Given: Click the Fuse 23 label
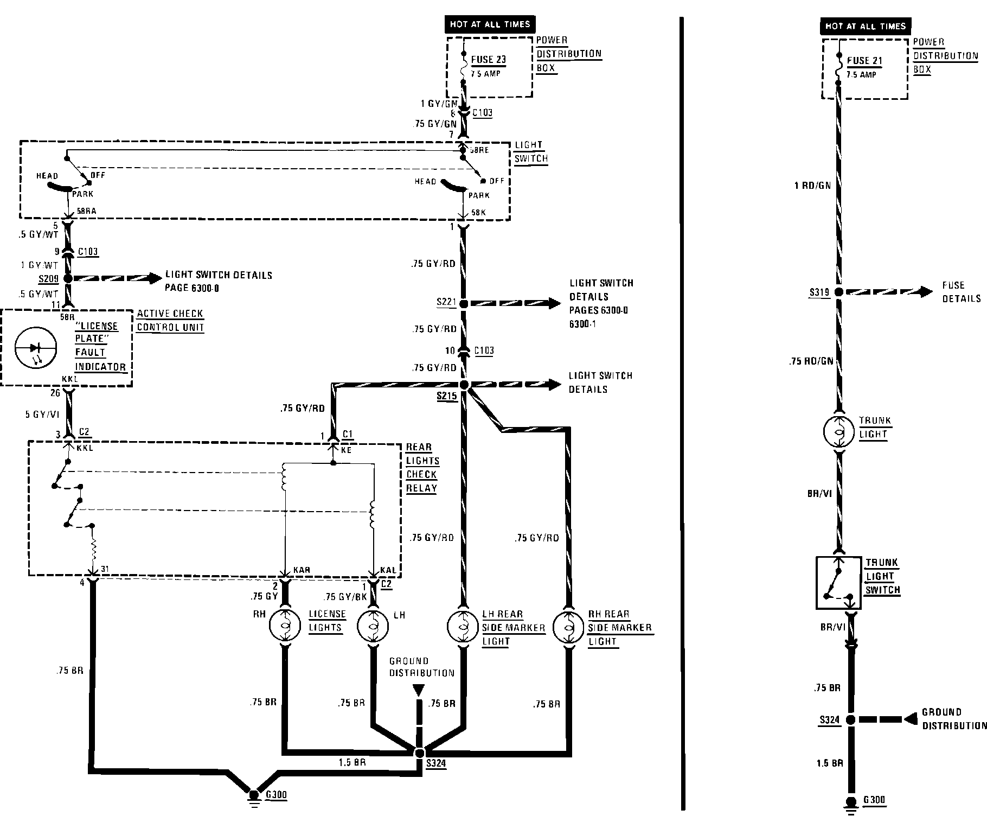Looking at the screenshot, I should pos(488,60).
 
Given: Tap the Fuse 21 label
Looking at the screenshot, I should pos(864,61).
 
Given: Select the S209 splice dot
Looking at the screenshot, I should pos(68,278).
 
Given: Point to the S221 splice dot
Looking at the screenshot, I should pos(464,304).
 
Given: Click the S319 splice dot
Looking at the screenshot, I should pos(838,292).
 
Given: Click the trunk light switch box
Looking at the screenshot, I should pos(839,582).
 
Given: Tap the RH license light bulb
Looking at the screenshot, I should pos(285,626).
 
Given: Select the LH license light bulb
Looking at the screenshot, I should pos(373,626).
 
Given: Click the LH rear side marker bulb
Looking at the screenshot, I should pos(463,626).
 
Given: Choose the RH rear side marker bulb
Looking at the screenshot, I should pos(568,626).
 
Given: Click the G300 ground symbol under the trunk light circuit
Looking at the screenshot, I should pos(850,803).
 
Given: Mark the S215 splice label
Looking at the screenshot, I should pos(447,397).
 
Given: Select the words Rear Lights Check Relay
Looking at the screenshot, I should pos(422,467).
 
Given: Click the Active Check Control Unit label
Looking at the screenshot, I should pos(170,320).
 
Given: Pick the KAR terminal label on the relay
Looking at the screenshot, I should pos(302,570).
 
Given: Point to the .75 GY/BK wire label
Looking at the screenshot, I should pos(345,597).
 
